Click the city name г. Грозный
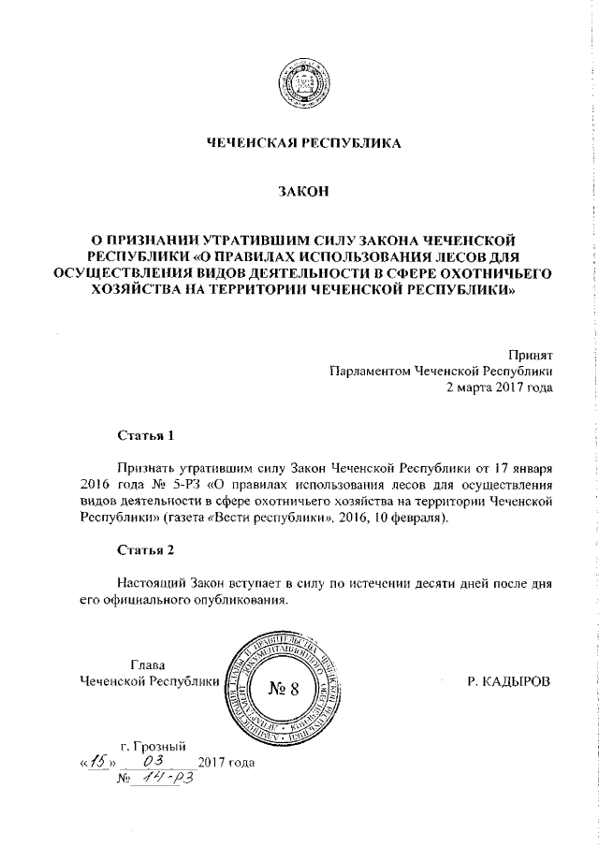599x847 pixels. (x=153, y=746)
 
